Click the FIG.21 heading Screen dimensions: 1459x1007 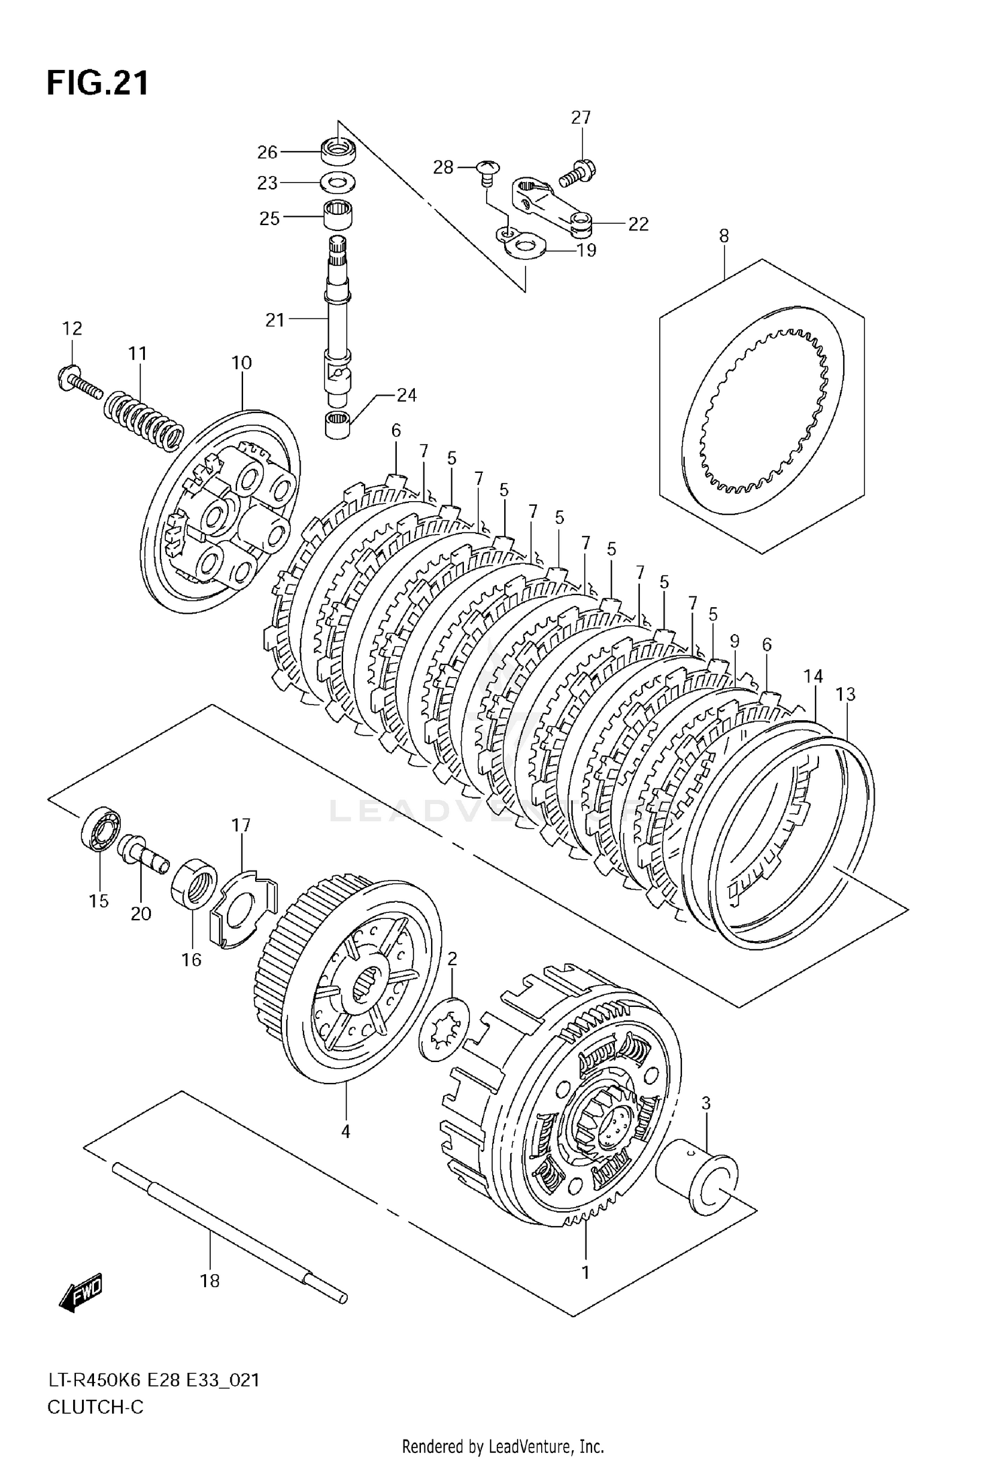coord(98,84)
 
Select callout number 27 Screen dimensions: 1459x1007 coord(581,118)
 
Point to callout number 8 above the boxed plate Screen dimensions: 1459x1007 coord(724,236)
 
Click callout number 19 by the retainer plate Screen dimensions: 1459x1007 coord(587,251)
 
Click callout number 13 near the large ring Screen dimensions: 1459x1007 coord(846,694)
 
